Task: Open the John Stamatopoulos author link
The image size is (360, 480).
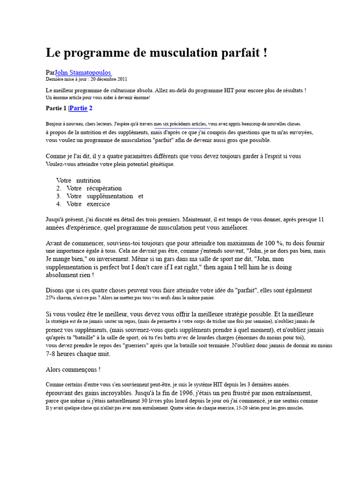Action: tap(83, 73)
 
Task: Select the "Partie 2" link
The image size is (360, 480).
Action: tap(81, 108)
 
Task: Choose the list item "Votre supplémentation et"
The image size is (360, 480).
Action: tap(105, 196)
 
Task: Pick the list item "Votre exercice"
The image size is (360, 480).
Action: tap(88, 204)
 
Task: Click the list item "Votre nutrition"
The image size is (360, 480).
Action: tap(78, 180)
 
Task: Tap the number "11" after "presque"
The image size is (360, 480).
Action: tap(321, 219)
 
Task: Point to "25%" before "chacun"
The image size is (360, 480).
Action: tap(51, 298)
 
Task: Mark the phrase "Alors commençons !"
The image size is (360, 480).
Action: tap(73, 369)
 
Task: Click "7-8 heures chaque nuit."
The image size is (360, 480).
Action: tap(78, 354)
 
